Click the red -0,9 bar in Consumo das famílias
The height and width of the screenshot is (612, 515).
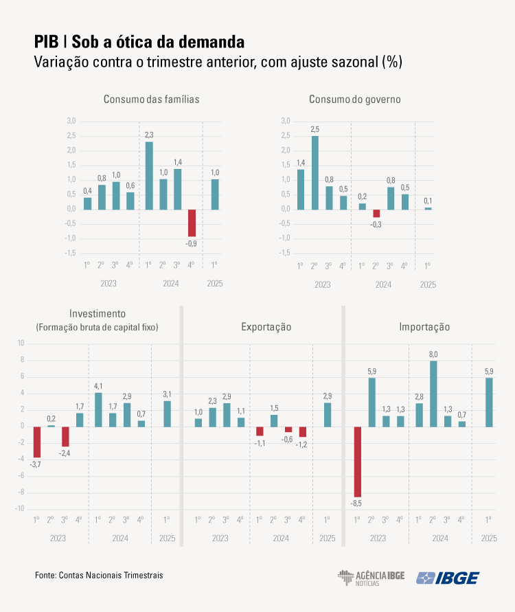point(192,223)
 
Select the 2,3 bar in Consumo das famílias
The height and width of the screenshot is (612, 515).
point(149,175)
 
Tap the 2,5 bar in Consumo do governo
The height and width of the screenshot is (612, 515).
point(315,172)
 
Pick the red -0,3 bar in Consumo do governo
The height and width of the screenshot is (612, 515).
point(376,214)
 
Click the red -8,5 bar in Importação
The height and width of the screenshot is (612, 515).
point(357,461)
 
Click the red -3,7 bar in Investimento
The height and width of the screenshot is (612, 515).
point(37,442)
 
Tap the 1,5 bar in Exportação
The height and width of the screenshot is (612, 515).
point(274,420)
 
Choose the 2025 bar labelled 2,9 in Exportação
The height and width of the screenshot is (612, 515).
point(328,414)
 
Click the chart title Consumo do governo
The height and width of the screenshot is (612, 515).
point(354,99)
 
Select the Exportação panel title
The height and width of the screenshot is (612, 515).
point(266,327)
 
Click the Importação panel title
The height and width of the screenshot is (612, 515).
point(424,327)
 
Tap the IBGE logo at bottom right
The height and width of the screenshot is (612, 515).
point(448,578)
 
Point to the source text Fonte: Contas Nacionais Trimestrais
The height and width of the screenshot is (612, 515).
point(99,574)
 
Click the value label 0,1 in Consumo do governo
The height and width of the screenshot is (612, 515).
point(428,201)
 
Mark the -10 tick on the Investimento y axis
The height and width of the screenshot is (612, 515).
point(20,509)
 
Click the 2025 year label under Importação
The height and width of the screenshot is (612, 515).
point(489,539)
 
